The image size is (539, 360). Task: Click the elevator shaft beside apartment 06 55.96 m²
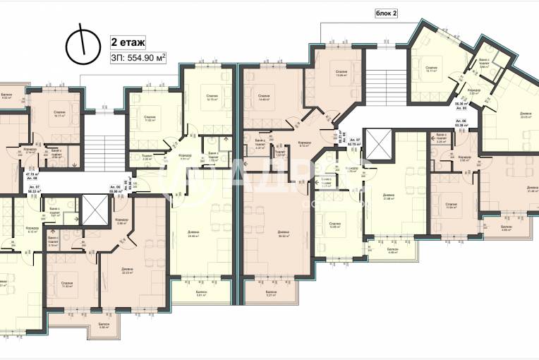click(x=94, y=210)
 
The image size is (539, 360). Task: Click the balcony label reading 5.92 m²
click(x=104, y=325)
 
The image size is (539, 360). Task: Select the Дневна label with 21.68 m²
click(x=389, y=198)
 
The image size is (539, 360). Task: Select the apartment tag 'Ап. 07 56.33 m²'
click(x=33, y=188)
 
